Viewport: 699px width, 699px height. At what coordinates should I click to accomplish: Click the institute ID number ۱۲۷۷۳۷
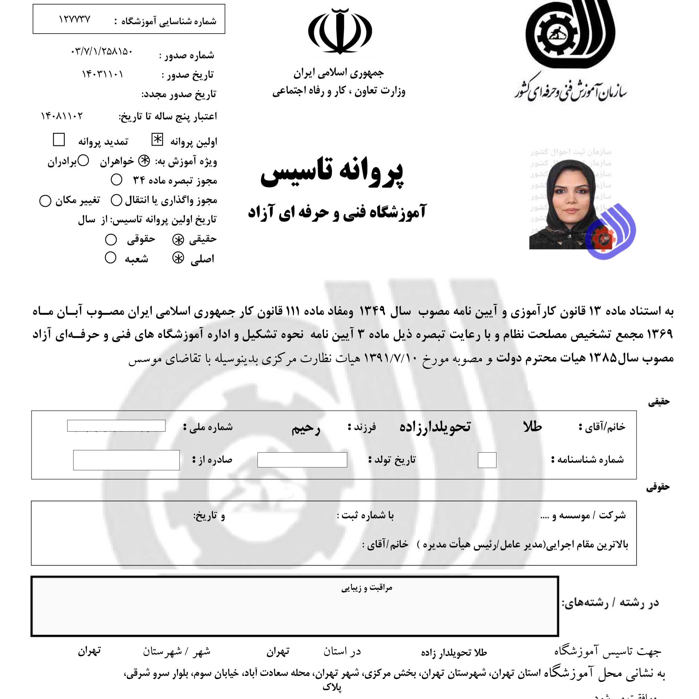click(x=75, y=20)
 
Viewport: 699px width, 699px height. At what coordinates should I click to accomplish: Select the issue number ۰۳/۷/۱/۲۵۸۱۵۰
click(x=102, y=52)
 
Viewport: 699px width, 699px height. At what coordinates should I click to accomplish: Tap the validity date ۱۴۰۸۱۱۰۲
click(x=62, y=116)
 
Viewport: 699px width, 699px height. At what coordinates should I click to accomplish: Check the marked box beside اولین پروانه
click(x=157, y=140)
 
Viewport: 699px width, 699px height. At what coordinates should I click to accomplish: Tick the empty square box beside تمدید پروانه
click(x=59, y=140)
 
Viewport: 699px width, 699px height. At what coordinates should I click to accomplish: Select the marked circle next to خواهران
click(x=144, y=162)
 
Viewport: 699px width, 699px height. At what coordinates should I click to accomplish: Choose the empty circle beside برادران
click(x=83, y=161)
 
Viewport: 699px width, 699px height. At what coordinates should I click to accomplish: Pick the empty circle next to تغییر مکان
click(x=45, y=201)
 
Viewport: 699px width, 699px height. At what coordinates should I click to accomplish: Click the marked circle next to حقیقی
click(x=178, y=240)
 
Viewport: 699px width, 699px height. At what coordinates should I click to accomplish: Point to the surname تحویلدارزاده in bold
click(x=435, y=427)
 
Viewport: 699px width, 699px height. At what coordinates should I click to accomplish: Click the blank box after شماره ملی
click(x=116, y=426)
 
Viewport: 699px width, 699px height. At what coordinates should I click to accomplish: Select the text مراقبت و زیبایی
click(x=367, y=588)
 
